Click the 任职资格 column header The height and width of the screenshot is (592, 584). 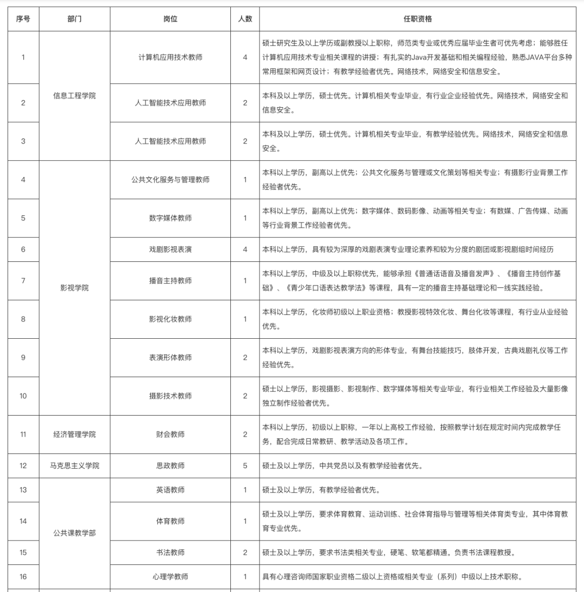417,19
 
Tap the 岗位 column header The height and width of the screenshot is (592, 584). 170,19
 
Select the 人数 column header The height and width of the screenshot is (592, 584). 245,19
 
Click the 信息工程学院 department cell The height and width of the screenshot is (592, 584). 75,96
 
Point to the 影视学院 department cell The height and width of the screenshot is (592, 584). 75,288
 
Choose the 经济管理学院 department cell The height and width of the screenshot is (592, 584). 75,435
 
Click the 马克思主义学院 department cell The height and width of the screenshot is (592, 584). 75,466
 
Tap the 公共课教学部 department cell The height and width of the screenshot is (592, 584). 75,533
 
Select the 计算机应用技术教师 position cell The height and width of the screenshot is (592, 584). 170,57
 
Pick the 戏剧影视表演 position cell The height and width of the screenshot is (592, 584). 170,249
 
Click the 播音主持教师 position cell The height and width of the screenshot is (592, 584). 170,281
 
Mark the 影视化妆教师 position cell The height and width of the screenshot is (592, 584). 170,319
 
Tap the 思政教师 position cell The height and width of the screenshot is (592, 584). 170,466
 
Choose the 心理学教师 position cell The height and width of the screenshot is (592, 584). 170,577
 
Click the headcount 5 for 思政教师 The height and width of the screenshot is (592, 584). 245,466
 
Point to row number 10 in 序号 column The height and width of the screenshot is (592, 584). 23,396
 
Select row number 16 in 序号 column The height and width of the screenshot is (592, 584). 23,577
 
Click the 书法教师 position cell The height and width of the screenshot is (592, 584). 170,552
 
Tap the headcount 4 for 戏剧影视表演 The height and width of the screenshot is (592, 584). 245,249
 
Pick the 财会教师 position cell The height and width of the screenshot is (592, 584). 170,435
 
